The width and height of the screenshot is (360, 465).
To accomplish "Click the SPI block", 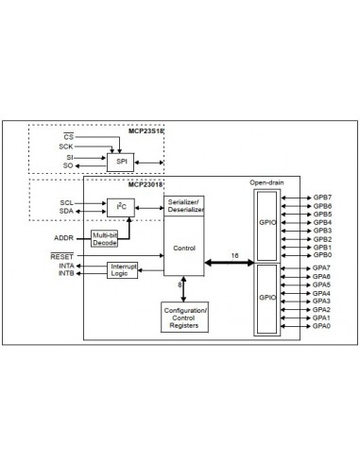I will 121,161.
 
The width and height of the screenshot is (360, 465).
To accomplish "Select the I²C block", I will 120,206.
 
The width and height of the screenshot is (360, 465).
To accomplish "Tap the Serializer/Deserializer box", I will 184,205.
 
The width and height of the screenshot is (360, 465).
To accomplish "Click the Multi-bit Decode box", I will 105,237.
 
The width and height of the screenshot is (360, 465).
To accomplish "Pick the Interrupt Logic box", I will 125,270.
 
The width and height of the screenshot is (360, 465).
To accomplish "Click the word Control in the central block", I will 184,248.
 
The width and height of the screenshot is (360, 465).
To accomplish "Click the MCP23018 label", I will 146,185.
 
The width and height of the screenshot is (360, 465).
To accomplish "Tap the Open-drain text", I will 266,182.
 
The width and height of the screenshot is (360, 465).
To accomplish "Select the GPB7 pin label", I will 322,198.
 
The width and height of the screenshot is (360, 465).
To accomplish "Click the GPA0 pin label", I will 322,326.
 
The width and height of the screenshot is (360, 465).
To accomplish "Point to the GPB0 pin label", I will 322,254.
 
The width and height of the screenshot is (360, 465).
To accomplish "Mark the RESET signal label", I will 61,256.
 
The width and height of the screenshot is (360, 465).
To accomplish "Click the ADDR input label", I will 64,238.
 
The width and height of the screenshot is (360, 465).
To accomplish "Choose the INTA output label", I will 65,267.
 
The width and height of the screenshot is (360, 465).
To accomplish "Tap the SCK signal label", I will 64,147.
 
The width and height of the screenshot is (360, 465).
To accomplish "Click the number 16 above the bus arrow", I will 233,254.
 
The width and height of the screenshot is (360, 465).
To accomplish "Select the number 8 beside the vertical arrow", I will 180,284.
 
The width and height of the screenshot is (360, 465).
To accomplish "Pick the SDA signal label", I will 66,211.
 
